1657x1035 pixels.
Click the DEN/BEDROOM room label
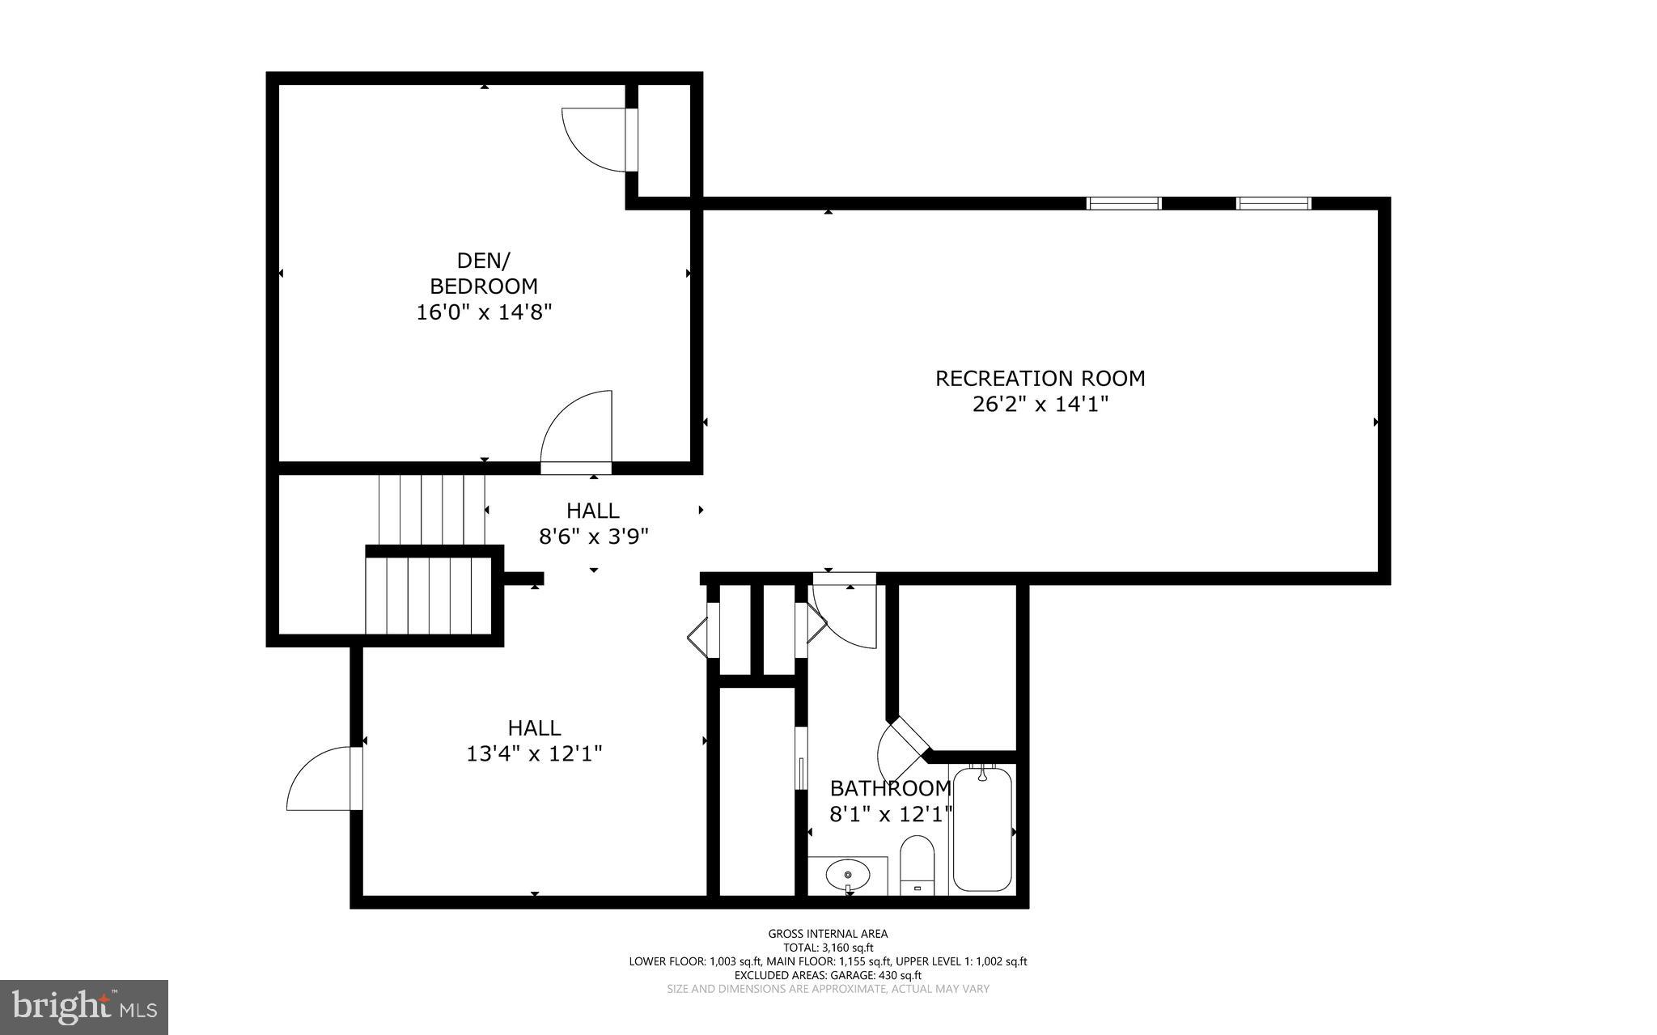pos(483,274)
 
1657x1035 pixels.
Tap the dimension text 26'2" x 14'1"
pos(1040,405)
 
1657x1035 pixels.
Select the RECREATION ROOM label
pos(1040,378)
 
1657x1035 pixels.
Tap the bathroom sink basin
pos(848,875)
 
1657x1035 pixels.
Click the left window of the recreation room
pos(1124,203)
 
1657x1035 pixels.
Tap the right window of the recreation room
pos(1273,203)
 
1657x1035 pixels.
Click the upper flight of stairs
pos(431,509)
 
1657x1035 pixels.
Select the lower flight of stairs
pos(428,596)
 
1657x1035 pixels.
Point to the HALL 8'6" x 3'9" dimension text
pos(594,537)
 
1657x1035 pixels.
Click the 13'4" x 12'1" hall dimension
pos(534,754)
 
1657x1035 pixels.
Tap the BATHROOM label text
pos(890,788)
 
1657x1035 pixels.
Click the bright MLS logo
pos(84,1007)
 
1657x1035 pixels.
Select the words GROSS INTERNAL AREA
pos(828,934)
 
